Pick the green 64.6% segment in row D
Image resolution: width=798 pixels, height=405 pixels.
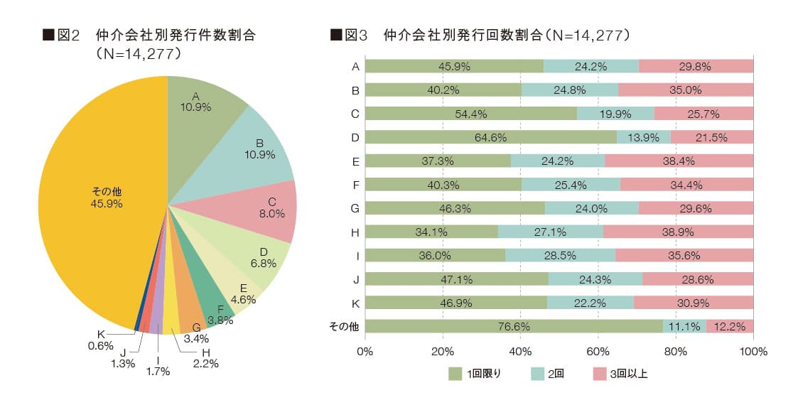click(490, 136)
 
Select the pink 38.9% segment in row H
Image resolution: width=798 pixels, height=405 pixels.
click(678, 231)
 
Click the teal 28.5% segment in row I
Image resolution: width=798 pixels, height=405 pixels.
click(560, 254)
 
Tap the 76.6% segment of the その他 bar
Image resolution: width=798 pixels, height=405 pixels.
click(514, 326)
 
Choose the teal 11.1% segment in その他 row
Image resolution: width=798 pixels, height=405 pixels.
click(684, 326)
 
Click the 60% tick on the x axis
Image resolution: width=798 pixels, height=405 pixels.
click(598, 351)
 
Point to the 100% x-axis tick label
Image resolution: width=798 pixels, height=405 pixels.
click(753, 351)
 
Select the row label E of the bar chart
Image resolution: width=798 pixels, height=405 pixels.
click(355, 161)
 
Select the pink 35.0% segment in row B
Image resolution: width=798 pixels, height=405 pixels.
click(685, 90)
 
